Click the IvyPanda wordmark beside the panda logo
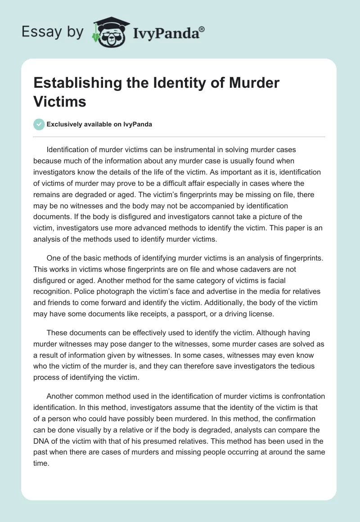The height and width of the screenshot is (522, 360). click(x=168, y=32)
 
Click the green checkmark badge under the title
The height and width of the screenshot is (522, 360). click(x=39, y=124)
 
